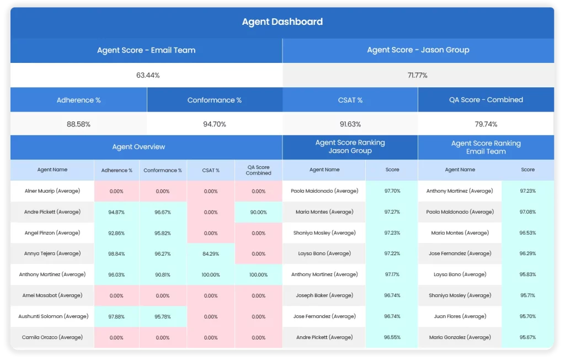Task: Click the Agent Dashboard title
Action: click(x=282, y=22)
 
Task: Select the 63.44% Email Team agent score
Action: click(x=147, y=75)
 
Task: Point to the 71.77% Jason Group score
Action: click(x=417, y=75)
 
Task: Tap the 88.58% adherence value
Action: click(x=78, y=124)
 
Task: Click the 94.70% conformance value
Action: click(x=215, y=124)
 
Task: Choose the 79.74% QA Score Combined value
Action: click(x=486, y=124)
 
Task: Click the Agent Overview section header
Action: click(x=138, y=147)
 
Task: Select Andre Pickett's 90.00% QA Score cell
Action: click(x=258, y=212)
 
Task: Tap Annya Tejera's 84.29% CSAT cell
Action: click(x=211, y=254)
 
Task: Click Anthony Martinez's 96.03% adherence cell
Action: click(x=116, y=274)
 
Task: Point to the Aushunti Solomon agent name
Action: click(x=52, y=316)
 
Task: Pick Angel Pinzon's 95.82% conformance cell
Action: click(x=163, y=233)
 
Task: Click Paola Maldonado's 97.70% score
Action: click(x=392, y=191)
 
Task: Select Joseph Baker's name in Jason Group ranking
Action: click(x=324, y=295)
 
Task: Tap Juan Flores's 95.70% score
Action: click(x=527, y=316)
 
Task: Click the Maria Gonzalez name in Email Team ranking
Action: click(x=460, y=337)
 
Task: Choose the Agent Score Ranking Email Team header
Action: click(x=486, y=147)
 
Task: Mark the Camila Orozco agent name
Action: click(x=52, y=337)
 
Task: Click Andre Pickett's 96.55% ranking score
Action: click(x=392, y=337)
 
